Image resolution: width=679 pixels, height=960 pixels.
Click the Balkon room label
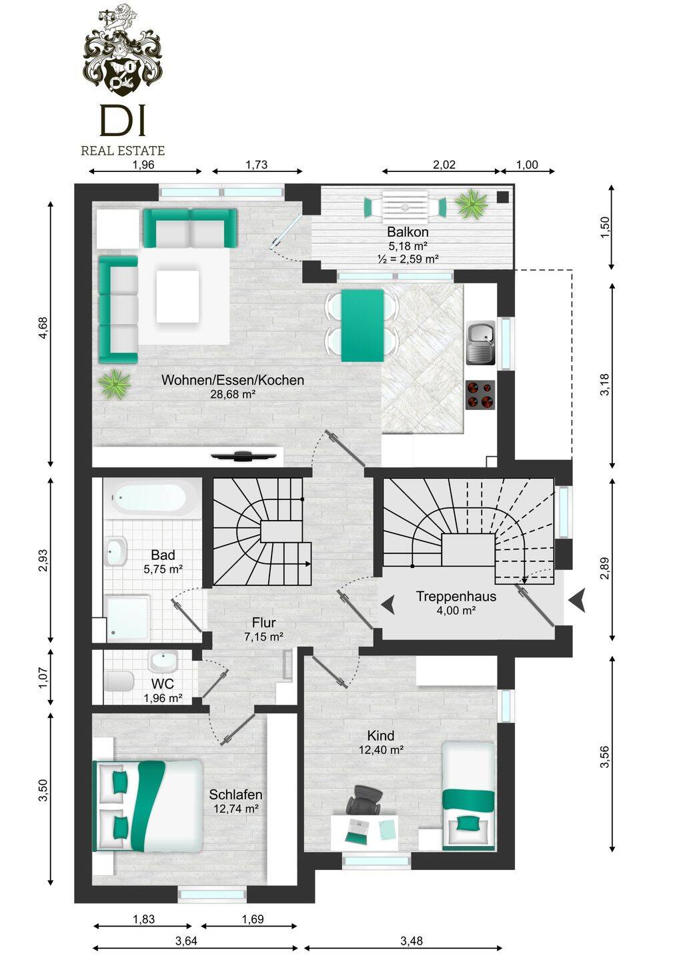(x=408, y=232)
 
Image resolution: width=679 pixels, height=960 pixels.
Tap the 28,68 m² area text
(x=233, y=394)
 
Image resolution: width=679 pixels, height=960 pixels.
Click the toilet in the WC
(x=119, y=681)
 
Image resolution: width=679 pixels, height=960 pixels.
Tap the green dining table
(x=363, y=326)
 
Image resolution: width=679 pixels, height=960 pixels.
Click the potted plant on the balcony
(x=472, y=204)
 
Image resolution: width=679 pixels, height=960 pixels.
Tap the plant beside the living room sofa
(x=114, y=383)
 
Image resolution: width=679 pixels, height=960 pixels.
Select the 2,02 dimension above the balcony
(x=444, y=165)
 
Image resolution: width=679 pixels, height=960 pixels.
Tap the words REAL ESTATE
(x=123, y=151)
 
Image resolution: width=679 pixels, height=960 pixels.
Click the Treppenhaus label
(x=456, y=596)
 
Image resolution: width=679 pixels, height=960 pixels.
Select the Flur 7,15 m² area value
(x=263, y=637)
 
